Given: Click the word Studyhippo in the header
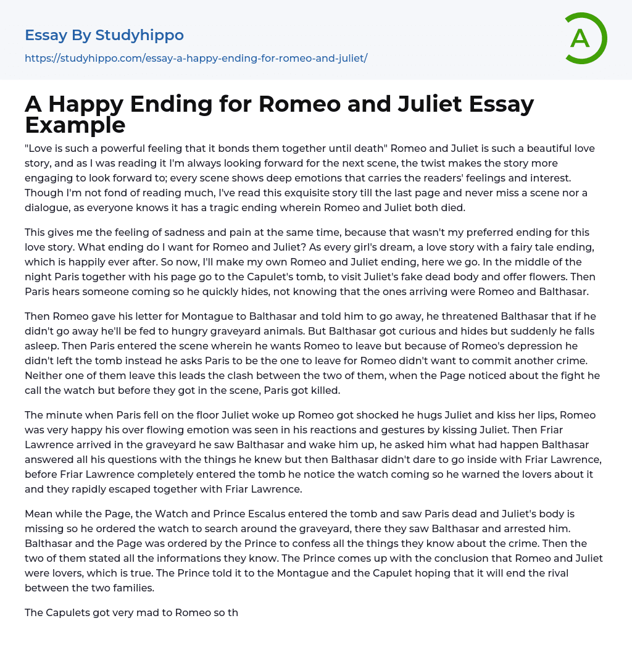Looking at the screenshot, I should (x=139, y=35).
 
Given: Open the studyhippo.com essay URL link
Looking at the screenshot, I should (x=196, y=58).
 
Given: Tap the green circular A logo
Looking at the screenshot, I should (x=583, y=38).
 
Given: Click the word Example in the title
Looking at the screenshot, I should (x=75, y=125).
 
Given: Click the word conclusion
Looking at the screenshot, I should (x=355, y=558).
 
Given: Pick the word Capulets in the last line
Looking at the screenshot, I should (x=71, y=612).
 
